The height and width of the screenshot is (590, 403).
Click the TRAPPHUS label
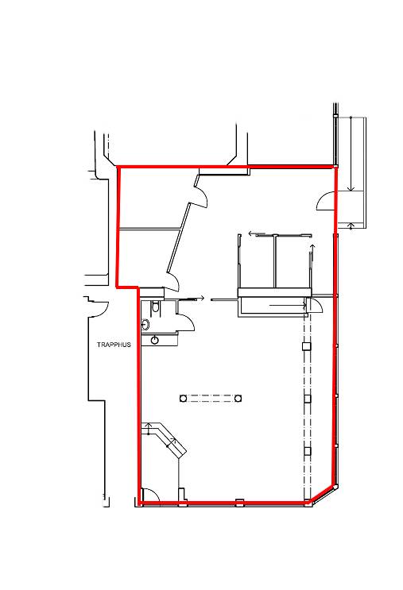114,345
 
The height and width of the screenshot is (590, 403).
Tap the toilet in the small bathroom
155,307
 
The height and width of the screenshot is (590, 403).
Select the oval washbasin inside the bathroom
145,324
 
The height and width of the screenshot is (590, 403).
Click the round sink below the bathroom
154,340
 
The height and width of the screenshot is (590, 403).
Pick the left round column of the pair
183,398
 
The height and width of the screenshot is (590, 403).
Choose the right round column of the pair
238,398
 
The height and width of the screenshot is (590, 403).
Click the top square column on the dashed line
307,346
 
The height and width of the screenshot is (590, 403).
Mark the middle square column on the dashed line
308,399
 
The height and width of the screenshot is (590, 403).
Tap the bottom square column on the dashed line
308,451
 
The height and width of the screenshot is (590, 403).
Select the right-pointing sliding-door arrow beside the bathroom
194,299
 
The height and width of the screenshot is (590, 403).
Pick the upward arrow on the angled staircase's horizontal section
148,429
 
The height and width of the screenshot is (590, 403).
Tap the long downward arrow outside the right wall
351,154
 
